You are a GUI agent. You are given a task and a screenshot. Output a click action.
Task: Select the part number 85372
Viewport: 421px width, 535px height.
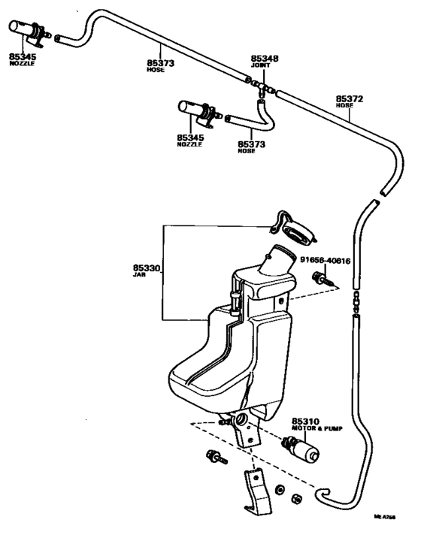click(350, 98)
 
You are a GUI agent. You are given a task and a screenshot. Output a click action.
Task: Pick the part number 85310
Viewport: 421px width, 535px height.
click(306, 422)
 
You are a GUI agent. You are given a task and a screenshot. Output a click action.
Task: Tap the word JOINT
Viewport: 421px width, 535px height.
click(262, 66)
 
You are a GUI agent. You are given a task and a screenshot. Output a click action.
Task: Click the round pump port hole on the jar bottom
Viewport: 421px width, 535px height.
click(241, 419)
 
